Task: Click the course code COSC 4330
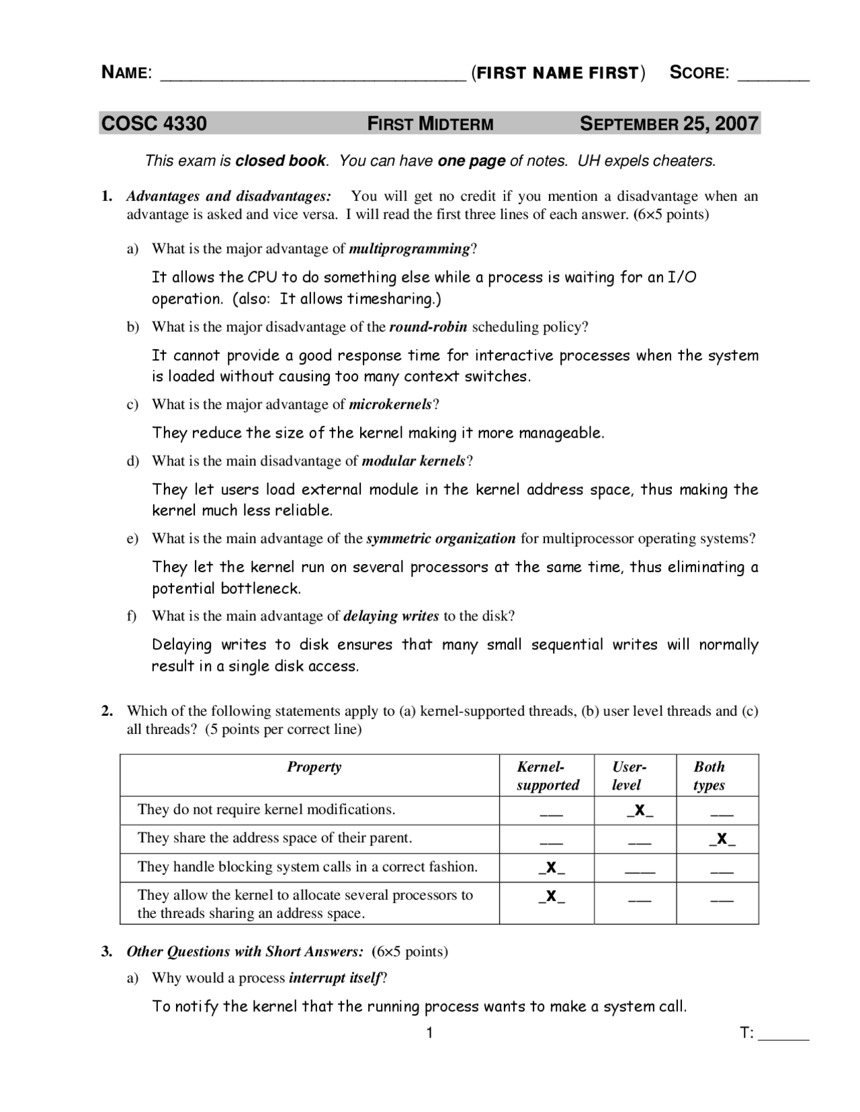[x=154, y=124]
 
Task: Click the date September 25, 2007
[x=669, y=124]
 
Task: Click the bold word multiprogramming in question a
[x=409, y=249]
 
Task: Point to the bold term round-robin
[x=428, y=327]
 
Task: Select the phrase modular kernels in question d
[x=413, y=461]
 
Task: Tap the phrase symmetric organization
[x=441, y=539]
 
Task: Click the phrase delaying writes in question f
[x=391, y=616]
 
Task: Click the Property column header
[x=314, y=767]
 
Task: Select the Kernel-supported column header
[x=547, y=776]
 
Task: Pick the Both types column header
[x=709, y=776]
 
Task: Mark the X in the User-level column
[x=640, y=810]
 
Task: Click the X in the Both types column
[x=722, y=839]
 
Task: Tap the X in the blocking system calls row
[x=551, y=868]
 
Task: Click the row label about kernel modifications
[x=266, y=810]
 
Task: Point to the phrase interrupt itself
[x=335, y=978]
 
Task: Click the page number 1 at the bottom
[x=429, y=1033]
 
